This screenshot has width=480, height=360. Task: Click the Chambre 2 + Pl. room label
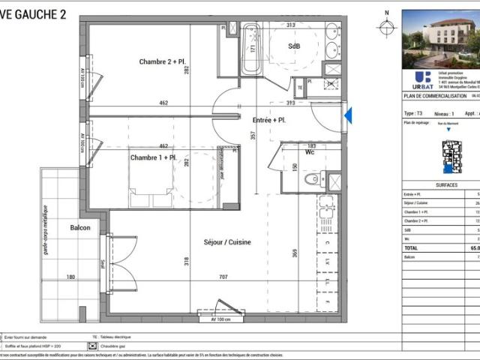(161, 61)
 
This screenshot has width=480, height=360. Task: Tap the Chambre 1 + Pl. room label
(153, 158)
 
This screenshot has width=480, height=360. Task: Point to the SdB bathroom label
(294, 46)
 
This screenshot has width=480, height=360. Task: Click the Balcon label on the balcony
(80, 227)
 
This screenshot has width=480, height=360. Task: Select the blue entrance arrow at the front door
(347, 115)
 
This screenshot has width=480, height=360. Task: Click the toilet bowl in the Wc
(313, 179)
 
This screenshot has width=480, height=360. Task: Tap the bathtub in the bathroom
(252, 48)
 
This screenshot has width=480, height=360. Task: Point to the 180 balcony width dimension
(71, 277)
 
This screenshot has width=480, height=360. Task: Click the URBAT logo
(423, 77)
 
